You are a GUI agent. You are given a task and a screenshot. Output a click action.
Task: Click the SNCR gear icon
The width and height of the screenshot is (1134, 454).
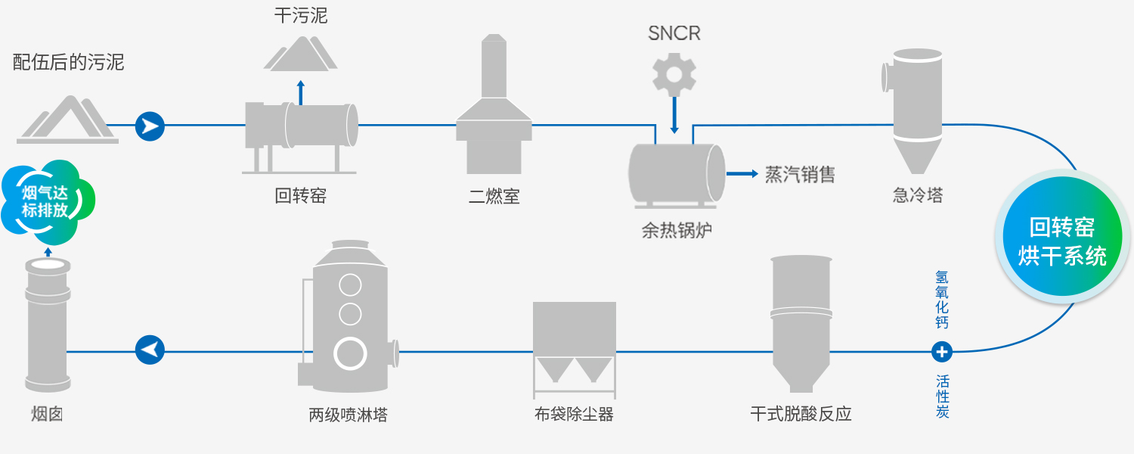674,74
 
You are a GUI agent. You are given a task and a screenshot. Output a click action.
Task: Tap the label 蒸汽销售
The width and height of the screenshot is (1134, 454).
800,174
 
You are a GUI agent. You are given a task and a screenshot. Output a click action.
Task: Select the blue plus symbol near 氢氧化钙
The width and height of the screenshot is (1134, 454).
942,352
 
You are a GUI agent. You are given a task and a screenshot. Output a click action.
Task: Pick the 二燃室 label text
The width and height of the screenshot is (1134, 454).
494,197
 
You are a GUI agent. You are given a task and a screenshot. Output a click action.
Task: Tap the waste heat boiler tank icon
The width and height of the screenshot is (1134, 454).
676,173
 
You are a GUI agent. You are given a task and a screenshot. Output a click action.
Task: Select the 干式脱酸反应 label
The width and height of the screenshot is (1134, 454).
801,414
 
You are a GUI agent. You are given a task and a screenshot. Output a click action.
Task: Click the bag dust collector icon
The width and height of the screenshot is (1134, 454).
574,348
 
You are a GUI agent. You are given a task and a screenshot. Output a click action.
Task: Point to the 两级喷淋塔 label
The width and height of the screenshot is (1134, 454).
348,415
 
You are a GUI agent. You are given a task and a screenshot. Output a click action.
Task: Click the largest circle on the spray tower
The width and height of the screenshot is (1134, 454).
351,353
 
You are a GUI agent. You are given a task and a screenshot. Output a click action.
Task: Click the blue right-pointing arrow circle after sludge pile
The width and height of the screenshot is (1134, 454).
150,126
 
